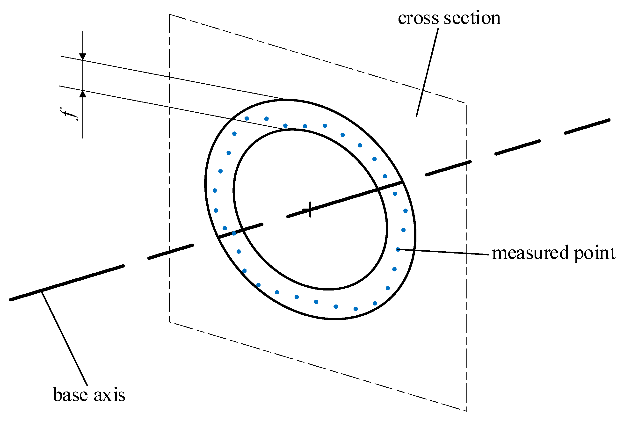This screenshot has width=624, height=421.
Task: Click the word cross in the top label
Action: click(x=418, y=19)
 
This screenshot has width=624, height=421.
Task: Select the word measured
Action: click(x=530, y=253)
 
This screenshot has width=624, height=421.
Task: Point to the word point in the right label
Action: click(x=595, y=254)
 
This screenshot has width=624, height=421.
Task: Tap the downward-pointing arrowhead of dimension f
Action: click(x=83, y=57)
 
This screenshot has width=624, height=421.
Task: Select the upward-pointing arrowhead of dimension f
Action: click(x=83, y=94)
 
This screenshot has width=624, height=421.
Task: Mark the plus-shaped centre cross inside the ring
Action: click(x=310, y=210)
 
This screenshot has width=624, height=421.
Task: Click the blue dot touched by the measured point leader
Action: click(x=398, y=249)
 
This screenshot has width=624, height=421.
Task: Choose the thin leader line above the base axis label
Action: click(x=65, y=339)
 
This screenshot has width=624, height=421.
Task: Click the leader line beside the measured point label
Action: click(x=443, y=252)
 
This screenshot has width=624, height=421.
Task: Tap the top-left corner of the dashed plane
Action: click(x=169, y=14)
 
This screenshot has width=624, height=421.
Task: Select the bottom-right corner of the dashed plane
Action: click(x=467, y=411)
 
